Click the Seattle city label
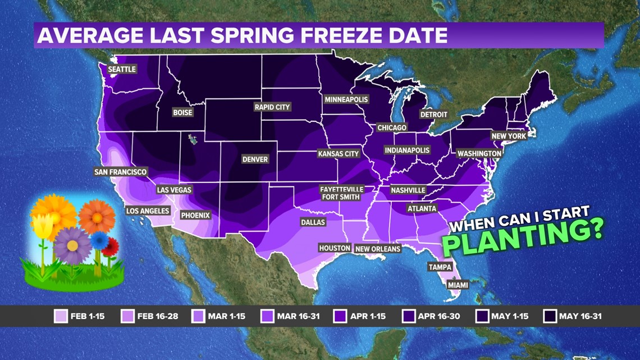[x=122, y=69]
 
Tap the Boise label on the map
[x=182, y=112]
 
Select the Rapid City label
[x=272, y=107]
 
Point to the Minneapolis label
[x=346, y=99]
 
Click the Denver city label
[x=255, y=159]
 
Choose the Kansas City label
[x=338, y=153]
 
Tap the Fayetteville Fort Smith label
[x=341, y=193]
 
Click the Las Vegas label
[x=174, y=190]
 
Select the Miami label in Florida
[x=458, y=285]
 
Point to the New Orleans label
[x=378, y=249]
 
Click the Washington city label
[x=479, y=153]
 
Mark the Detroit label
[x=434, y=115]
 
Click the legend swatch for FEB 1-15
[x=61, y=316]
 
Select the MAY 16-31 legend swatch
[x=550, y=316]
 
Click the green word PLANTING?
[x=522, y=236]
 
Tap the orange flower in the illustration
[x=97, y=217]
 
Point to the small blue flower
[x=99, y=240]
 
